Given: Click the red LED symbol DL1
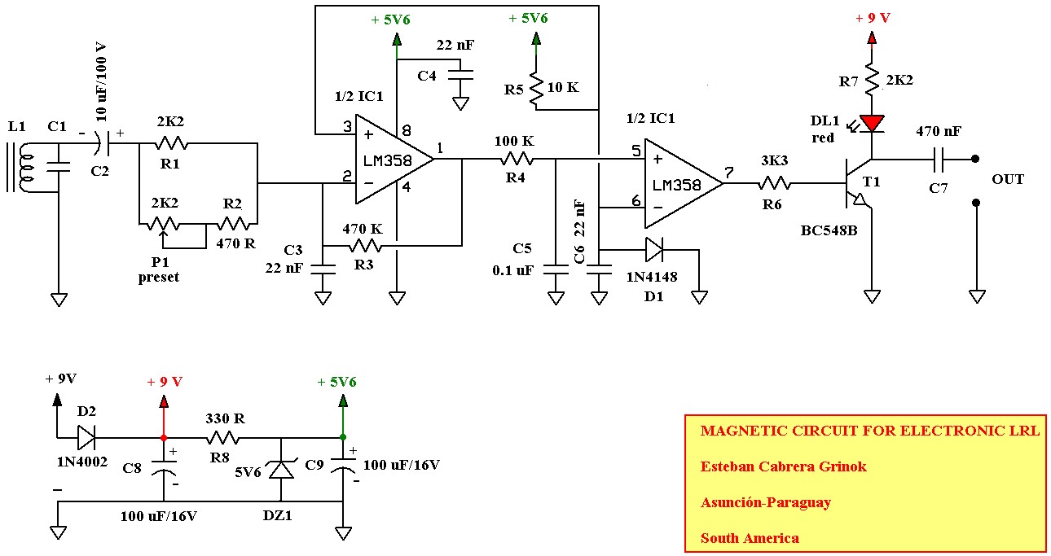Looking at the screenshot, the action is [x=872, y=124].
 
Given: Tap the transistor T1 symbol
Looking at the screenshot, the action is [x=858, y=184].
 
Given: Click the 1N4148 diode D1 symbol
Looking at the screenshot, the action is [x=654, y=249].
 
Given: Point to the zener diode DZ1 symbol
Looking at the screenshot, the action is [x=281, y=469].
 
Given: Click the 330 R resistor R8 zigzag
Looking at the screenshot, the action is [x=223, y=438].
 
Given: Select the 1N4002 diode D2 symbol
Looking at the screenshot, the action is [x=86, y=437].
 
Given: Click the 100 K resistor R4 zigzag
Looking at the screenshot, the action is [x=517, y=160].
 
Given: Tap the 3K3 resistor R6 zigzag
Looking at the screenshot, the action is [x=775, y=183].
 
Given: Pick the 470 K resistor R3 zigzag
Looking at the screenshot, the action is [x=366, y=245].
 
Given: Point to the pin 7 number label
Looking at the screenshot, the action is [x=728, y=173].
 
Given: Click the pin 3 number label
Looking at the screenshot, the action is [x=347, y=126].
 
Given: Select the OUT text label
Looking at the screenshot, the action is [x=1007, y=179].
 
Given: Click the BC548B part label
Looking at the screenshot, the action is [x=829, y=230].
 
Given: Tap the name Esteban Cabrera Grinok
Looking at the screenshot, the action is [x=783, y=466].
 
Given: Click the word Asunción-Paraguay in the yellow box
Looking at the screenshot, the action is [x=766, y=502].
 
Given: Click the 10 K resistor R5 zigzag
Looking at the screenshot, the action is [x=536, y=88].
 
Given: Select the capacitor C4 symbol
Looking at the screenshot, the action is [x=460, y=75].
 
